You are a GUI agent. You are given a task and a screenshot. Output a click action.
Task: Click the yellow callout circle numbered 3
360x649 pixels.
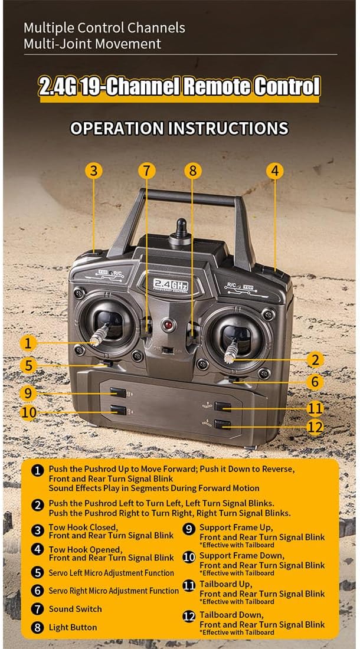pyautogui.click(x=94, y=171)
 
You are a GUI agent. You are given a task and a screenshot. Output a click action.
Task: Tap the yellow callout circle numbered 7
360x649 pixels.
pyautogui.click(x=147, y=171)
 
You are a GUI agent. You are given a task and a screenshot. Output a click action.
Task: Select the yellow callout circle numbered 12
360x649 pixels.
pyautogui.click(x=315, y=427)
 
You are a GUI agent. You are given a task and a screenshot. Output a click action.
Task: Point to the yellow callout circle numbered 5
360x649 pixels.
pyautogui.click(x=28, y=365)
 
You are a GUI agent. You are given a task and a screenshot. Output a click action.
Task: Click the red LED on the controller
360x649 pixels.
pyautogui.click(x=167, y=324)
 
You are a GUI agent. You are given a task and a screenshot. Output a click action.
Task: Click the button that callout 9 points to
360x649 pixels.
pyautogui.click(x=118, y=392)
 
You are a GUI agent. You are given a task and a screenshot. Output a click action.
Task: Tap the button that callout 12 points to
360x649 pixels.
pyautogui.click(x=222, y=424)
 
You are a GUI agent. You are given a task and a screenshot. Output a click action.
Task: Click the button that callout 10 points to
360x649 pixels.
pyautogui.click(x=118, y=410)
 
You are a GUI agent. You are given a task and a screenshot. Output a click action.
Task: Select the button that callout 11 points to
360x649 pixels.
pyautogui.click(x=222, y=407)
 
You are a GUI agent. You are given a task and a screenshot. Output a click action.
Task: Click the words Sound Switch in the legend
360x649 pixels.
pyautogui.click(x=76, y=609)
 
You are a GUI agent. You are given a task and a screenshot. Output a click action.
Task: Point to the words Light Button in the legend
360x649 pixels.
pyautogui.click(x=73, y=628)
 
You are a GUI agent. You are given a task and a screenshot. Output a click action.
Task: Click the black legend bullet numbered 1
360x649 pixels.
pyautogui.click(x=38, y=471)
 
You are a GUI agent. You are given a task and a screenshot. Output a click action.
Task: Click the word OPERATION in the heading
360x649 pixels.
pyautogui.click(x=117, y=128)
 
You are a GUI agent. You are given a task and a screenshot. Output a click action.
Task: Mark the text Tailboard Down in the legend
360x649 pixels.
pyautogui.click(x=231, y=615)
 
